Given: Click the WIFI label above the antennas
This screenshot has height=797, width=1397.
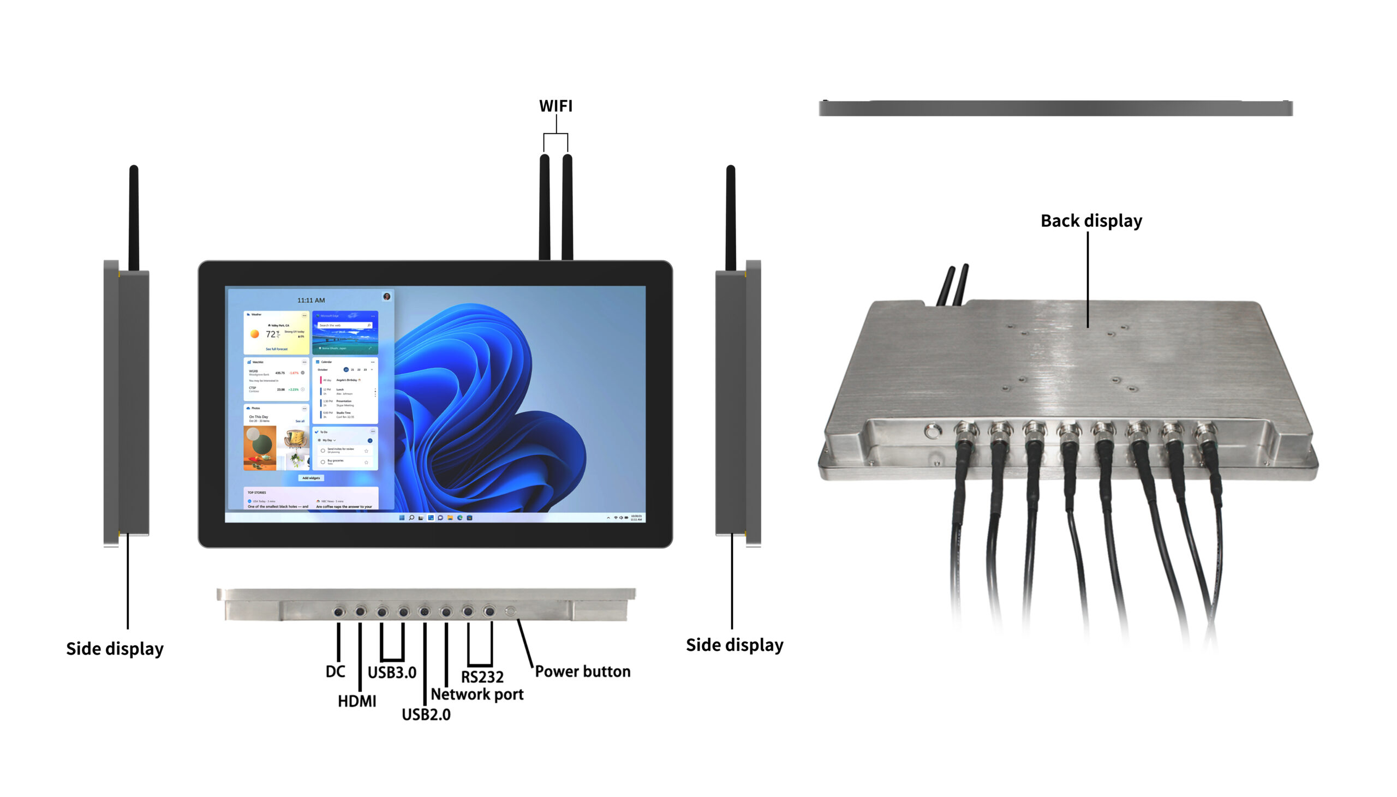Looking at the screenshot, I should (555, 106).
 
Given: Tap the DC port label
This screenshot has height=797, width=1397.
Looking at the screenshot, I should (335, 672).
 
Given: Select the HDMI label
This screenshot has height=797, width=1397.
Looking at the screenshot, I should (356, 701).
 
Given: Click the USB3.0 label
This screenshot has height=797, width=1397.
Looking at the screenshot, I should (391, 672).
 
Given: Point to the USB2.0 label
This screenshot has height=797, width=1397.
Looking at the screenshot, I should (426, 714).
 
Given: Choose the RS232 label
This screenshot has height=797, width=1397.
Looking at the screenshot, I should (482, 677).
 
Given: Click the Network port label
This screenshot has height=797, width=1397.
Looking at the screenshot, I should (477, 694).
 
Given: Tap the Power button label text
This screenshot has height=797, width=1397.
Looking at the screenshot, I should (582, 671).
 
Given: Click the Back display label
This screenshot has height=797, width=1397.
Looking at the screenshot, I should (1090, 220).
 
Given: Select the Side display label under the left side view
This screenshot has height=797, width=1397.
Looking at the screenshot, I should (115, 649).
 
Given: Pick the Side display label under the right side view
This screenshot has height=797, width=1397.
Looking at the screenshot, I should (734, 645).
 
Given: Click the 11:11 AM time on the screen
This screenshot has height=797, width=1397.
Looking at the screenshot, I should (311, 300).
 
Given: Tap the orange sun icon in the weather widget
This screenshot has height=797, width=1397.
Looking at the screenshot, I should (254, 333).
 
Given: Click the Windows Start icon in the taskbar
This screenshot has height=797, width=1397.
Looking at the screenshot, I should (401, 517).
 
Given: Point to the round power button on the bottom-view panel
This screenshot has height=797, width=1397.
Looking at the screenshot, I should (510, 611).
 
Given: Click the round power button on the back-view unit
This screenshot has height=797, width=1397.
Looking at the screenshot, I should (930, 432).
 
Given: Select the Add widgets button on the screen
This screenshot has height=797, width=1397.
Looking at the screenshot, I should (311, 478).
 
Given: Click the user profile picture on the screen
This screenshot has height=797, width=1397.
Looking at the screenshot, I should (386, 297).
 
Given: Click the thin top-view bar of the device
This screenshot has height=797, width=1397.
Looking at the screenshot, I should (1055, 108).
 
